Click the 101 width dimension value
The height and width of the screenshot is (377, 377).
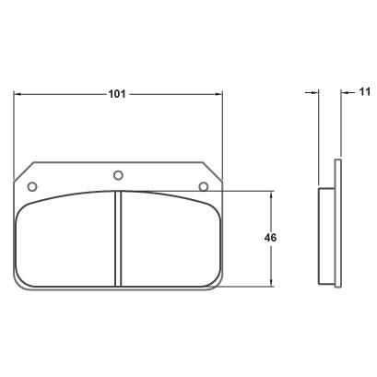coord(117,94)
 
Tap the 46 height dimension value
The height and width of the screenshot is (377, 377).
coord(270,238)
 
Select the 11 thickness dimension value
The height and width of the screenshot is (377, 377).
coord(365,91)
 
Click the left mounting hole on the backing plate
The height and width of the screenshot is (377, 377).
coord(32,186)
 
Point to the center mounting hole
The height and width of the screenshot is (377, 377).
coord(118,175)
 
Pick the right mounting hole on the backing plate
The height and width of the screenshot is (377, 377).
coord(204,186)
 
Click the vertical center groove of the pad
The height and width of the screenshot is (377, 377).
coord(118,239)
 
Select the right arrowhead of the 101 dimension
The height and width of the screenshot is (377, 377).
coord(218,94)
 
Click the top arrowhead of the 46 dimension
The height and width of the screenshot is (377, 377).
coord(271,195)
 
